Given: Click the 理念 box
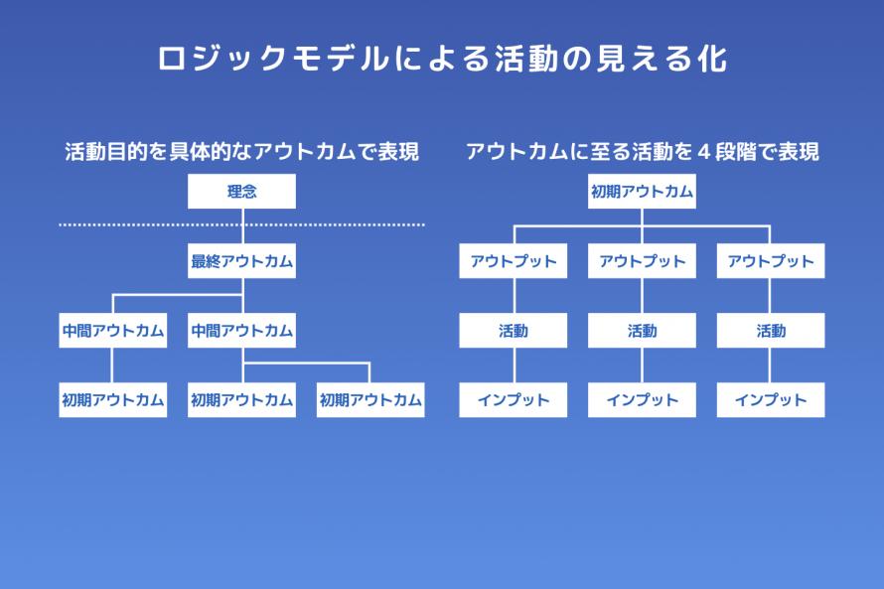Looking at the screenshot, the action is coord(241,191).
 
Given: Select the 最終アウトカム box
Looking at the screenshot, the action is coord(241,261).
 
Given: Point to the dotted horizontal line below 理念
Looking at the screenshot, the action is coord(242,224).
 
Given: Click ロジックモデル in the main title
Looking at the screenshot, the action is coord(274,58).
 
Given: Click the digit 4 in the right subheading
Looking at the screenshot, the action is coord(703,152).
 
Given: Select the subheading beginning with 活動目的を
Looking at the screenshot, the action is coord(242,152).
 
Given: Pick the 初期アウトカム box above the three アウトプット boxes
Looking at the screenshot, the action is coord(642,191).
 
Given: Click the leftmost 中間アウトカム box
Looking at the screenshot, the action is coord(113,331).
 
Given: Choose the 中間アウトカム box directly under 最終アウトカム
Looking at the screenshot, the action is coord(241,331).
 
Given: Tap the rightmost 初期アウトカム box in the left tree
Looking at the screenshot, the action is coord(370,399).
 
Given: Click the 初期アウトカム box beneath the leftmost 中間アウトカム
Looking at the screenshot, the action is coord(113,399).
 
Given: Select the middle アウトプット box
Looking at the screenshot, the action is coord(642,261).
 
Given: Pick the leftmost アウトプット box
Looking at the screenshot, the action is coord(514,261).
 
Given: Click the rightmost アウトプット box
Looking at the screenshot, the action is coord(771,261).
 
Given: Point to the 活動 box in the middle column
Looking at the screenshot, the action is coord(642,331).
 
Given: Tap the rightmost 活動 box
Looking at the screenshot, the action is coord(771,331).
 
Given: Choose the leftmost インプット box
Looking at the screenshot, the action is coord(514,399).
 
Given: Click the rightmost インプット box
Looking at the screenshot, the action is coord(771,399).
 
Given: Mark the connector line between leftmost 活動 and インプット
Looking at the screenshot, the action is coord(515,366).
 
